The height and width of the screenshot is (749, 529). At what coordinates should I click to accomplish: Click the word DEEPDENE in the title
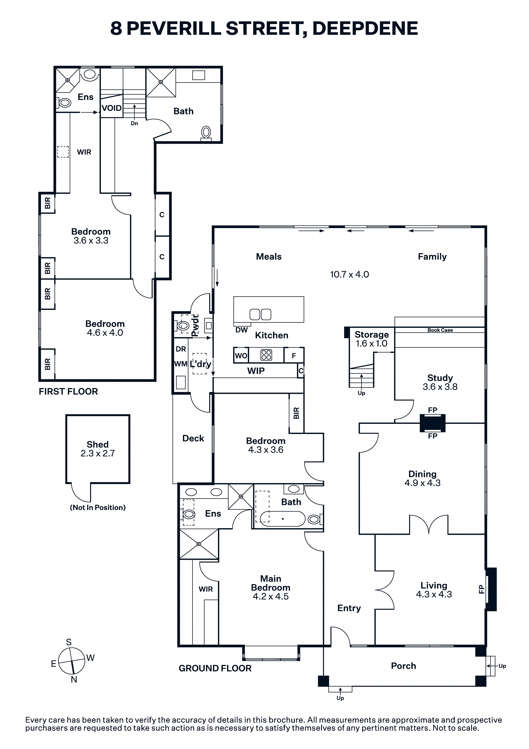pyautogui.click(x=365, y=28)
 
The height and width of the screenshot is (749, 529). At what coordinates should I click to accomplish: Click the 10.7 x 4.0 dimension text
pyautogui.click(x=349, y=274)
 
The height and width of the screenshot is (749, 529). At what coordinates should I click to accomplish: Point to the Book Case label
pyautogui.click(x=440, y=330)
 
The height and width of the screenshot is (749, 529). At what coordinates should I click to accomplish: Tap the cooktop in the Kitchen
pyautogui.click(x=266, y=355)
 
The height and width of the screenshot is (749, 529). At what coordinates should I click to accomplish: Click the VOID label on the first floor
pyautogui.click(x=111, y=108)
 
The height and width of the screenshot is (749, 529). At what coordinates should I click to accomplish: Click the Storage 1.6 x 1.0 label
pyautogui.click(x=371, y=339)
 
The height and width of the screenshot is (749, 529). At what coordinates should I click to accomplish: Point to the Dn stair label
pyautogui.click(x=134, y=123)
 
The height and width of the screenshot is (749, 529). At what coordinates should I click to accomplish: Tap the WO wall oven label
pyautogui.click(x=241, y=356)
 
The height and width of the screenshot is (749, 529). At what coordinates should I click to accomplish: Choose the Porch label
pyautogui.click(x=403, y=666)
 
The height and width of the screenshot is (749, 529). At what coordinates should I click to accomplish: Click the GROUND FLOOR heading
pyautogui.click(x=215, y=668)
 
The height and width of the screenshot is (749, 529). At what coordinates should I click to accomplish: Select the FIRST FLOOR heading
pyautogui.click(x=68, y=391)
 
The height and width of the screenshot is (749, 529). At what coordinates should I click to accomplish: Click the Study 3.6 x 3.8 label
pyautogui.click(x=440, y=382)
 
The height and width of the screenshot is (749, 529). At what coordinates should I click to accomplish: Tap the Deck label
pyautogui.click(x=193, y=438)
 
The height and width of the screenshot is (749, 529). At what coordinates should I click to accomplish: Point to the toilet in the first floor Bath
pyautogui.click(x=206, y=133)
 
